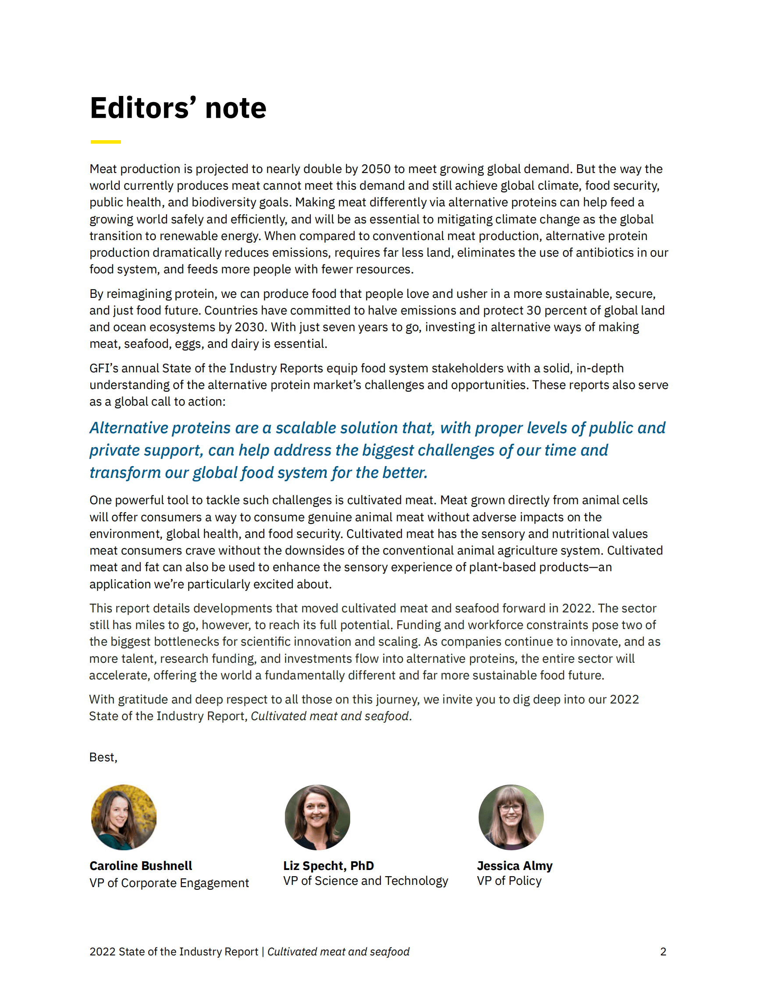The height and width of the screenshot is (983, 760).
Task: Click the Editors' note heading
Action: (178, 108)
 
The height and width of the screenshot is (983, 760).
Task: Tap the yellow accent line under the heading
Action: (105, 142)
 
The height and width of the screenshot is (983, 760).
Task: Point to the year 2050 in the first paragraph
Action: (376, 169)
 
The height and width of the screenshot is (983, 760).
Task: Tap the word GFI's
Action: (103, 368)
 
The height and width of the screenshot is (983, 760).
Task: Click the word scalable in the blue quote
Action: (306, 428)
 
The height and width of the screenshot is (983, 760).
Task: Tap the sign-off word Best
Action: (102, 757)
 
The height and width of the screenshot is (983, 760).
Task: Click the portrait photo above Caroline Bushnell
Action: (124, 817)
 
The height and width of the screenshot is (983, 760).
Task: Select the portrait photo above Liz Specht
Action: (317, 817)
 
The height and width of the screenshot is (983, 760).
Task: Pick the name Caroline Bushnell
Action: (141, 866)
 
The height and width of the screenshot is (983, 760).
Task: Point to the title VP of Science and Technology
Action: (366, 881)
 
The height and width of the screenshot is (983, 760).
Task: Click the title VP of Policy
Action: (509, 881)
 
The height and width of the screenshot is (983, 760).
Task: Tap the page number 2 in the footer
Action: (663, 951)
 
